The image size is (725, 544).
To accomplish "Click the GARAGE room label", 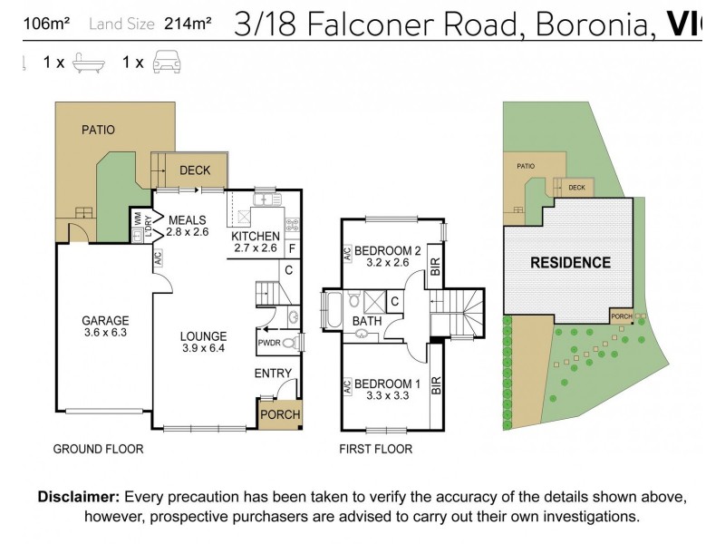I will click(x=105, y=320).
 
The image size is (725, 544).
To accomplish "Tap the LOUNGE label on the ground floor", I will click(x=203, y=336).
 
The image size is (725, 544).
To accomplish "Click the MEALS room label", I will click(x=188, y=219).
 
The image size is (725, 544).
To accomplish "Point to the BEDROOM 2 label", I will click(x=388, y=250).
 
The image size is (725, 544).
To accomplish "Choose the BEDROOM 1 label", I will click(x=387, y=382).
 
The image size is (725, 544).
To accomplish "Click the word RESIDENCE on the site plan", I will click(x=570, y=263).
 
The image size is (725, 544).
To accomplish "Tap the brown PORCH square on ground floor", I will click(x=280, y=414).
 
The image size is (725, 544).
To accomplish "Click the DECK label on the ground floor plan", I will click(x=195, y=170).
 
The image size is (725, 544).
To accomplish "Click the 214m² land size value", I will click(x=188, y=24).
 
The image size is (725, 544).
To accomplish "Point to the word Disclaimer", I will click(x=78, y=497).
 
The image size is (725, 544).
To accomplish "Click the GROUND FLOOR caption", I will click(x=98, y=449).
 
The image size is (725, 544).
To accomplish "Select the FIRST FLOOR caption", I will click(x=375, y=449).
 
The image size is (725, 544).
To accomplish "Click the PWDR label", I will click(x=269, y=344).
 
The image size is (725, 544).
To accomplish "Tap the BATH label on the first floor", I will click(x=367, y=321).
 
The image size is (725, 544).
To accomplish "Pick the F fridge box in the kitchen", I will click(x=291, y=247).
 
